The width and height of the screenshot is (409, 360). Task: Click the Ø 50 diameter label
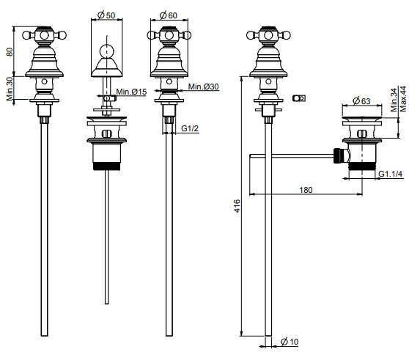pos(106,15)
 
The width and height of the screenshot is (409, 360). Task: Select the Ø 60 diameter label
pos(169,15)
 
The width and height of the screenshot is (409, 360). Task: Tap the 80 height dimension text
pos(10,51)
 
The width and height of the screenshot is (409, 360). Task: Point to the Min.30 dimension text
pos(10,89)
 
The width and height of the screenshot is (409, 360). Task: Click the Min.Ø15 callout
pos(131,92)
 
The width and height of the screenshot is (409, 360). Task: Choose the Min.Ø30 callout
pos(204,87)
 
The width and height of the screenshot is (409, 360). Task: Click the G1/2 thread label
pos(190,128)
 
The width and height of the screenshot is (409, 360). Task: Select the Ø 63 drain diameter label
pos(361,100)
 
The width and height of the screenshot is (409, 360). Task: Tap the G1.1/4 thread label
pos(391,174)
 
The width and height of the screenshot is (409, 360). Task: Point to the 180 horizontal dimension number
pos(306,190)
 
